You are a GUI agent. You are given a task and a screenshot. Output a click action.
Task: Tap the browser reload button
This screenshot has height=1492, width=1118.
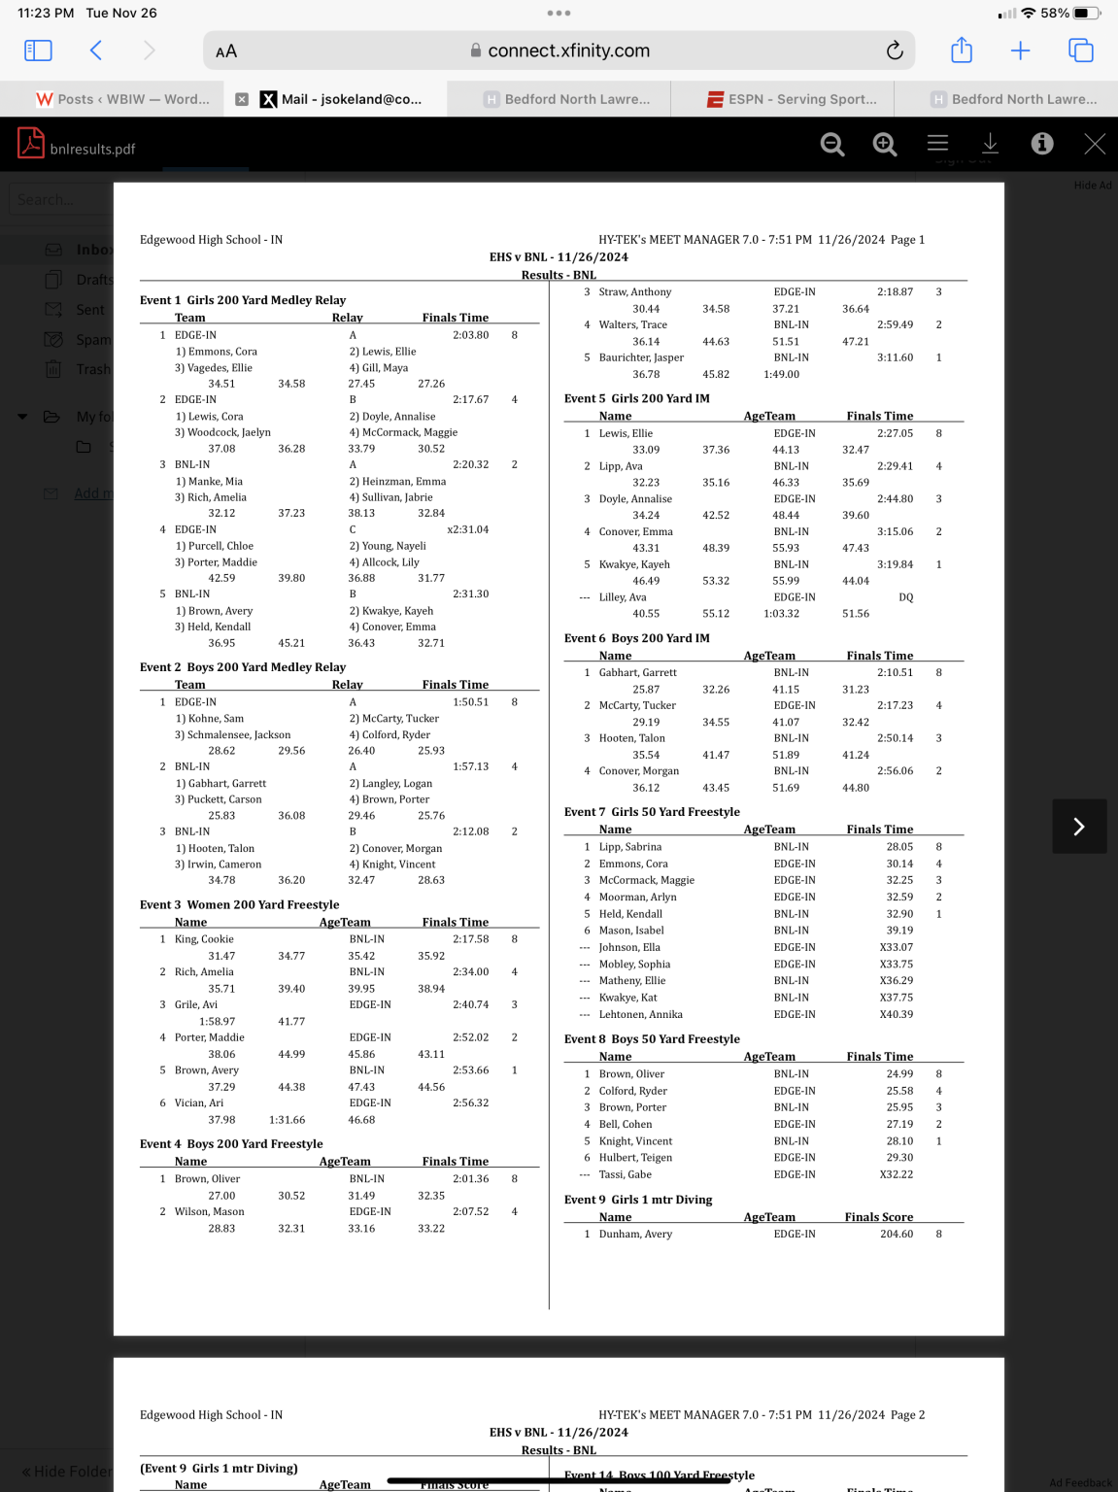tap(895, 51)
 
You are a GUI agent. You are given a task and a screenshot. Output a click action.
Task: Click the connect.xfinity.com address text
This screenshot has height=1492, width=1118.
tap(568, 51)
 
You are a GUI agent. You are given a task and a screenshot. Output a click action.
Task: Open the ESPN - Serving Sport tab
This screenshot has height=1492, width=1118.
tap(792, 99)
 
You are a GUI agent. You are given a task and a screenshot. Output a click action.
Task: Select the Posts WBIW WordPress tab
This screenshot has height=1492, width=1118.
tap(123, 99)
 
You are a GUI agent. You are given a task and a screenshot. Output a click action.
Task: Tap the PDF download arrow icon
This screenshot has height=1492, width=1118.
tap(990, 144)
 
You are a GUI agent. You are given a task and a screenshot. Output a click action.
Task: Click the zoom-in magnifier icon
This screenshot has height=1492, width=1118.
tap(884, 144)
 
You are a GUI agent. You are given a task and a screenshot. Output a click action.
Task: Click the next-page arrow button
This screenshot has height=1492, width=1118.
tap(1078, 826)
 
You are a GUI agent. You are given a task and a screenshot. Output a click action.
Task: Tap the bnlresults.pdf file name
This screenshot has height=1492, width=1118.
tap(92, 149)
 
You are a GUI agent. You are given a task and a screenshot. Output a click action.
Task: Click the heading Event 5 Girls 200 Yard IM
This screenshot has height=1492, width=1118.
tap(637, 398)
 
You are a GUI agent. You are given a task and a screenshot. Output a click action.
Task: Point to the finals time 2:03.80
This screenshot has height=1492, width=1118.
tap(470, 335)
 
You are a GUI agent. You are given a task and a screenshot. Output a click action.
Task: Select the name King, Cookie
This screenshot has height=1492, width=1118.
tap(204, 939)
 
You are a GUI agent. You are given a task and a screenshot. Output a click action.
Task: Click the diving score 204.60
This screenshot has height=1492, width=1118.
tap(896, 1234)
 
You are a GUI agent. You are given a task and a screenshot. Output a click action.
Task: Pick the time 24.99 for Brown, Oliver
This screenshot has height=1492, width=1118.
tap(899, 1073)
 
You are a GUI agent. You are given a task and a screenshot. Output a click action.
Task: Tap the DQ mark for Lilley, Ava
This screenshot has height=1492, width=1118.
tap(905, 597)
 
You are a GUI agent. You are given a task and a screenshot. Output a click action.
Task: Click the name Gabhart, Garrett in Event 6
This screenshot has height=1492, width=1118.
tap(637, 672)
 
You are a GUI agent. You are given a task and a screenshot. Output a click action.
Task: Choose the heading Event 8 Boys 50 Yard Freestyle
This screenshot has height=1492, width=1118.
tap(652, 1038)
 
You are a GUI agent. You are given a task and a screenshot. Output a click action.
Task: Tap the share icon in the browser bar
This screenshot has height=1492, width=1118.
tap(961, 51)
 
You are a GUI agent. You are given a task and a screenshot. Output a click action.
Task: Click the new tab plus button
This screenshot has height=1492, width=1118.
tap(1020, 51)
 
